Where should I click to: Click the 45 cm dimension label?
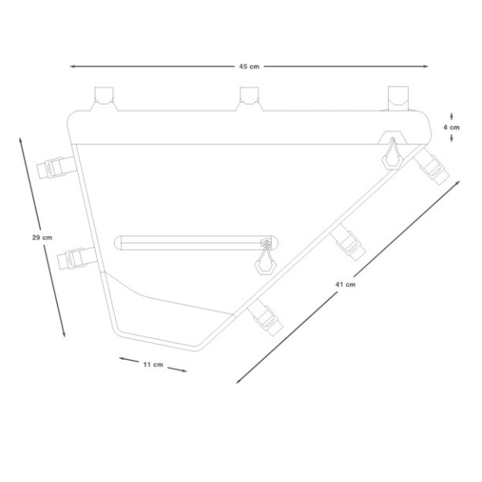pos(247,67)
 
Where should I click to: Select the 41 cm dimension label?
pos(346,284)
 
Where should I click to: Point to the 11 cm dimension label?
pos(153,365)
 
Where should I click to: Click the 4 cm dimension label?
pos(454,127)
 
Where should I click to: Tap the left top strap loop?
pos(102,96)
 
